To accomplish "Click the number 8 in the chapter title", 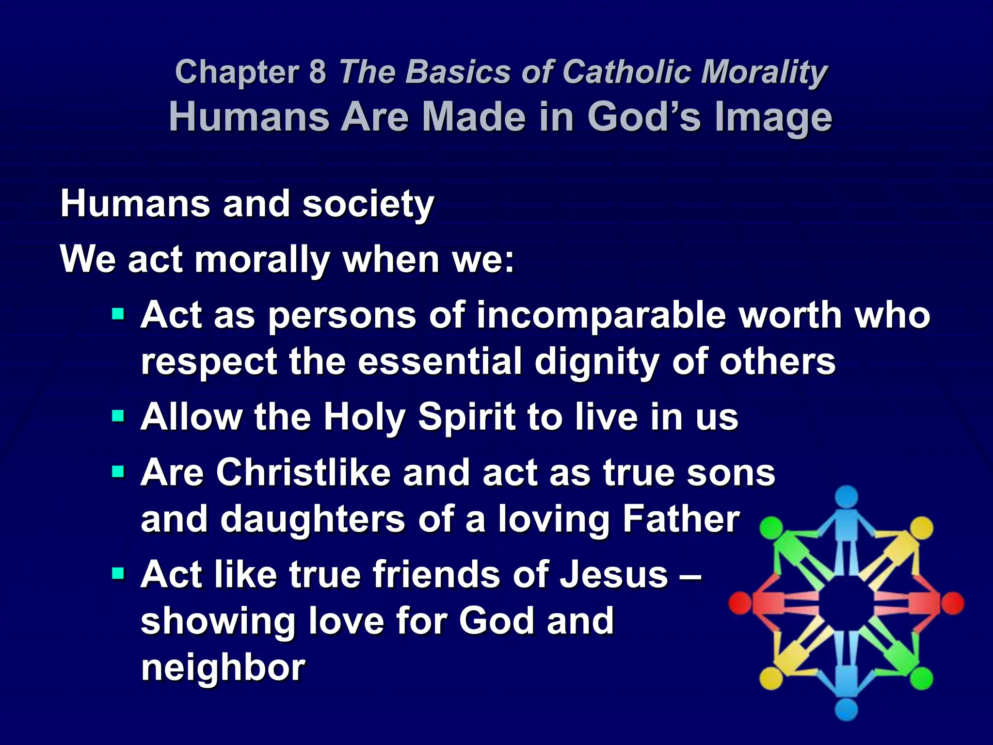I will [x=318, y=72].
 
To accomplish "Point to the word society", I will [x=368, y=205].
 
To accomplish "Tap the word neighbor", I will [x=223, y=667].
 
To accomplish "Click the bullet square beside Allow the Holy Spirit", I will [x=118, y=416].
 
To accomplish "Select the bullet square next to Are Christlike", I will [x=118, y=471].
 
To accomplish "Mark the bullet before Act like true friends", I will [x=118, y=574].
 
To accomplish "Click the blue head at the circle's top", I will [x=847, y=497].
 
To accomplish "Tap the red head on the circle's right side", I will [x=953, y=604].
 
